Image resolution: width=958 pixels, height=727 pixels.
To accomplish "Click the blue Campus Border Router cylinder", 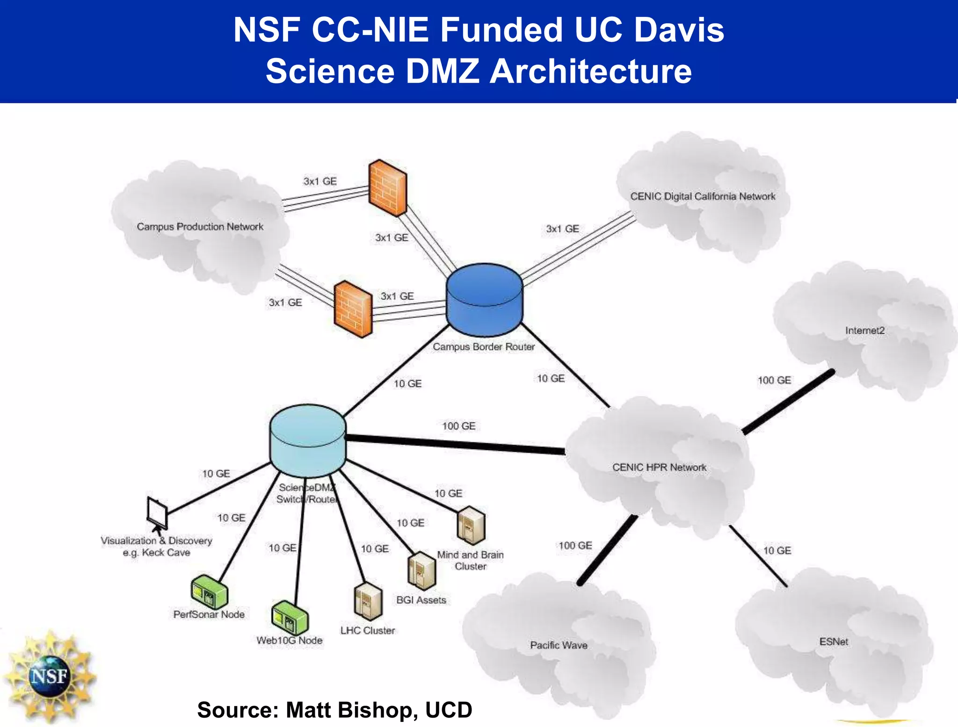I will coord(484,299).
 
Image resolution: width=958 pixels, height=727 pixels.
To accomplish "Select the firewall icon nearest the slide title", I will coord(387,188).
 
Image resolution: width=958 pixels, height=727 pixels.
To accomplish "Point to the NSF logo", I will coord(49,676).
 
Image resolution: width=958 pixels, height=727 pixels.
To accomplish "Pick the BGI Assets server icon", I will coord(421,570).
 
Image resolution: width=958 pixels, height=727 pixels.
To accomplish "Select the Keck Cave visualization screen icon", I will coord(157,513).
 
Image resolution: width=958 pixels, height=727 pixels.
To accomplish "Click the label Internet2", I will coord(865,331).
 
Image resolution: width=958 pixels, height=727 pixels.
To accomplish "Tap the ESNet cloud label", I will coord(834,642).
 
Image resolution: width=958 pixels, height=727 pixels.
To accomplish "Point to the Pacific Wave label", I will coord(559,645).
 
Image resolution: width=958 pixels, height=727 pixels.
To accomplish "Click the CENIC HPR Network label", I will coord(659,467).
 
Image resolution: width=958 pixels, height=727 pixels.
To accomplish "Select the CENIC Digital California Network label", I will coord(703,196).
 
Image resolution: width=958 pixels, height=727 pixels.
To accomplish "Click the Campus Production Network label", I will coord(200,227).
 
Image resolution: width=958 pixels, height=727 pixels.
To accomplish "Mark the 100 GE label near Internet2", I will coord(774,380).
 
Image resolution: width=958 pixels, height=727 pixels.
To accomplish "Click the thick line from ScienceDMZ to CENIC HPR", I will coord(454,444).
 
